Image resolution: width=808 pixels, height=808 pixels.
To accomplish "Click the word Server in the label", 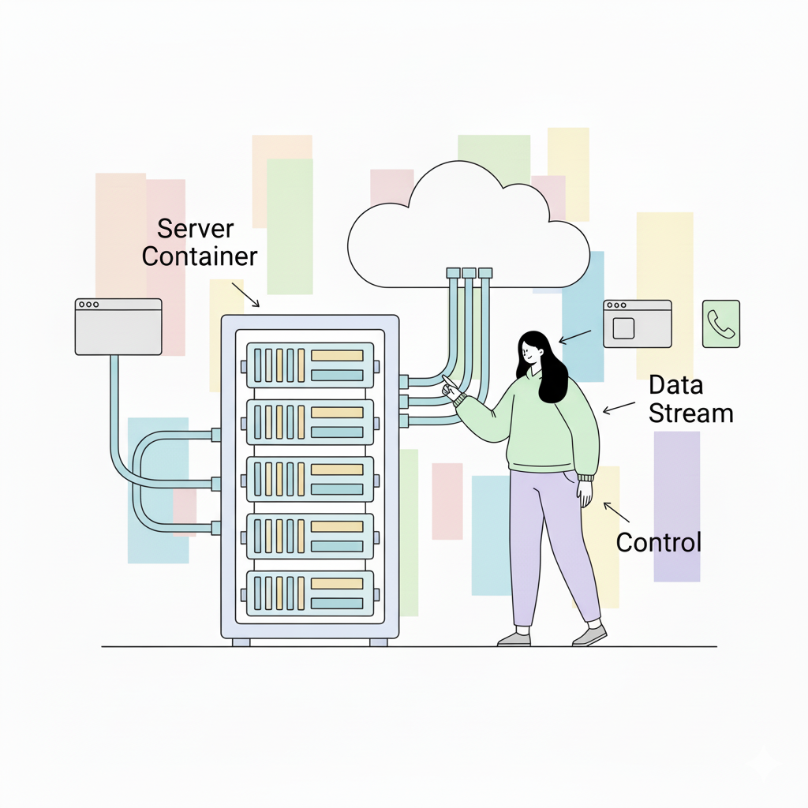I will click(x=196, y=230).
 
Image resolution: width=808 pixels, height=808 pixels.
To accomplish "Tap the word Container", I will click(x=200, y=256).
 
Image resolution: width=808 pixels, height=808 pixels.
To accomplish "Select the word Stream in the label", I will click(x=691, y=413).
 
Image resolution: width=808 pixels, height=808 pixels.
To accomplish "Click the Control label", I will click(x=658, y=542).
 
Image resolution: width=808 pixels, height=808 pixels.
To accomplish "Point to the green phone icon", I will click(x=721, y=324).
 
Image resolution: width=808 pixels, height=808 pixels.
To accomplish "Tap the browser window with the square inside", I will click(x=637, y=324).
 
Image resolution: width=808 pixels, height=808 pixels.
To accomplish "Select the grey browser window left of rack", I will click(x=118, y=326).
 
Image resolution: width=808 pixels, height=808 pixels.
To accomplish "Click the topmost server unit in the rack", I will click(x=310, y=365).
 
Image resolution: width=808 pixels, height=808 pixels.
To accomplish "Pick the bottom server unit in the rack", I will click(x=310, y=593).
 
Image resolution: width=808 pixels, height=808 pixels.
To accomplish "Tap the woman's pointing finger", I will click(x=447, y=382).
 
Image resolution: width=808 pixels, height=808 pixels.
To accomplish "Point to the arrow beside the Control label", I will click(x=616, y=513).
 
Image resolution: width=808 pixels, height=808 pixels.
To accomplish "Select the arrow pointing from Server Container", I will click(x=245, y=294).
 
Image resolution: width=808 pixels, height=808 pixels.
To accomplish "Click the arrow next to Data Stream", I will click(x=619, y=407).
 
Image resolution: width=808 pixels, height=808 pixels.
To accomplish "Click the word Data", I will click(x=675, y=386).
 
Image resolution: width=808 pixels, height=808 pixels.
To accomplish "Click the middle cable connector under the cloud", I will click(x=469, y=273).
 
